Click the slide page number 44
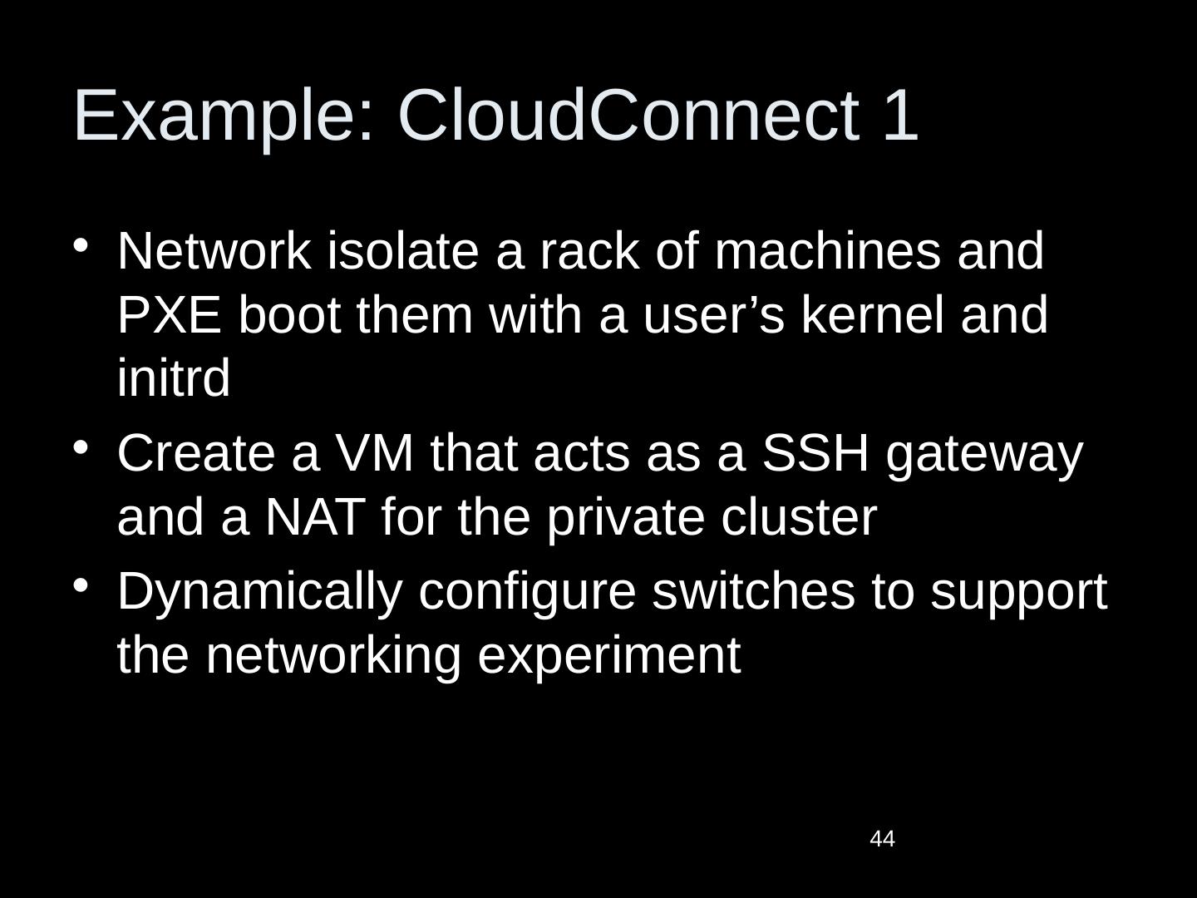tap(882, 840)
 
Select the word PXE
tap(170, 316)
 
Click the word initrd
tap(173, 379)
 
